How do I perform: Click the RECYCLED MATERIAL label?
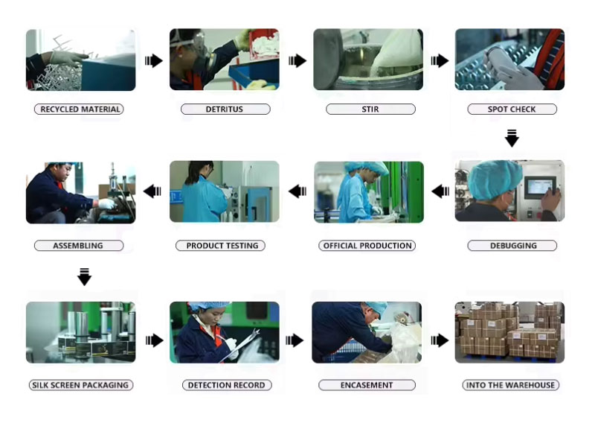(79, 109)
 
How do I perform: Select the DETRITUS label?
(225, 109)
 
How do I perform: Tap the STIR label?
(370, 109)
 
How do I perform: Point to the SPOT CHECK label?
(512, 109)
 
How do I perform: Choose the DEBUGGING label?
(512, 246)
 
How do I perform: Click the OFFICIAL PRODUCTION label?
(367, 246)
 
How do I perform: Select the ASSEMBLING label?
(79, 246)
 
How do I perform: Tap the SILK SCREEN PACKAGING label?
(81, 385)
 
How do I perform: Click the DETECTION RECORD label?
(227, 385)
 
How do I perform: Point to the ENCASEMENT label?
(367, 385)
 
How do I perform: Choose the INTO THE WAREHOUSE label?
(510, 385)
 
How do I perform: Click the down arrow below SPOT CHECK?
(512, 139)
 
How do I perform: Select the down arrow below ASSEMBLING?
(84, 276)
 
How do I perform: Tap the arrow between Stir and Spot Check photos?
(440, 60)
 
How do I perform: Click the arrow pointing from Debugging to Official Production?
(440, 191)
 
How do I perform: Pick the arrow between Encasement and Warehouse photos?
(440, 340)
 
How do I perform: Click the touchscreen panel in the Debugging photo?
(540, 188)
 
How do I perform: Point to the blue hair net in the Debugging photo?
(493, 179)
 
